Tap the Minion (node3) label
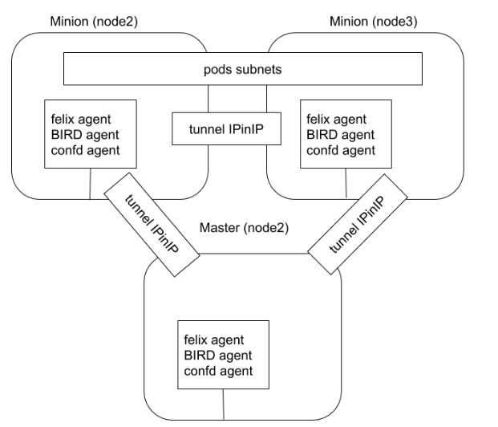(372, 19)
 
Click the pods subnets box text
(242, 69)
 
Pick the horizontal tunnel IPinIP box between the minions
(226, 129)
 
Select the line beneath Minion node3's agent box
(346, 184)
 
